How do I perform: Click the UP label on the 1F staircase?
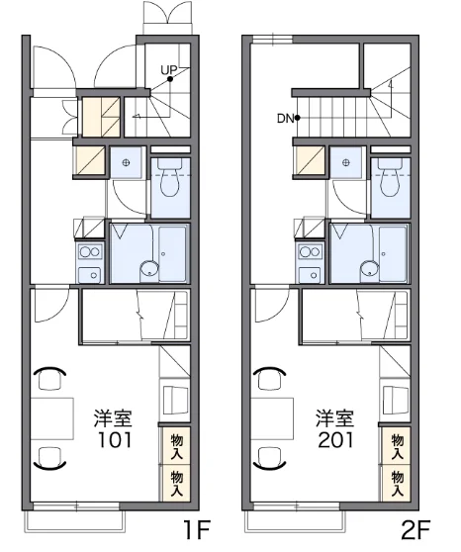coord(168,70)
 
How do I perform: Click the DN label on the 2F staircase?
coord(285,119)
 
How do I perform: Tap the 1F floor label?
coord(196,530)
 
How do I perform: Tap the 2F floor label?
coord(415,530)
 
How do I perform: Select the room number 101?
coord(115,440)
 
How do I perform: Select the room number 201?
coord(335,440)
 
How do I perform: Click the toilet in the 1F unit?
coord(170,177)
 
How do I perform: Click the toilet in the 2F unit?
coord(390,177)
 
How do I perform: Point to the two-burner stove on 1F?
coord(90,252)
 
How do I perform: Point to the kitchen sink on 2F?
coord(311,275)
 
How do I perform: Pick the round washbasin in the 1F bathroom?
coord(149,271)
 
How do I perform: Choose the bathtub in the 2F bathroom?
coord(393,254)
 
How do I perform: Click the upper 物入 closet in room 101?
coord(176,446)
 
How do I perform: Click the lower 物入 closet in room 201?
coord(397,484)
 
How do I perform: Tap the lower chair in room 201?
coord(270,458)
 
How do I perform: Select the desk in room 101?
coord(52,418)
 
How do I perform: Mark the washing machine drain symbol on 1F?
coord(126,162)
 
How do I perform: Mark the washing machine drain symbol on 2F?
coord(346,162)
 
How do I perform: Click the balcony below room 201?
coord(295,520)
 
